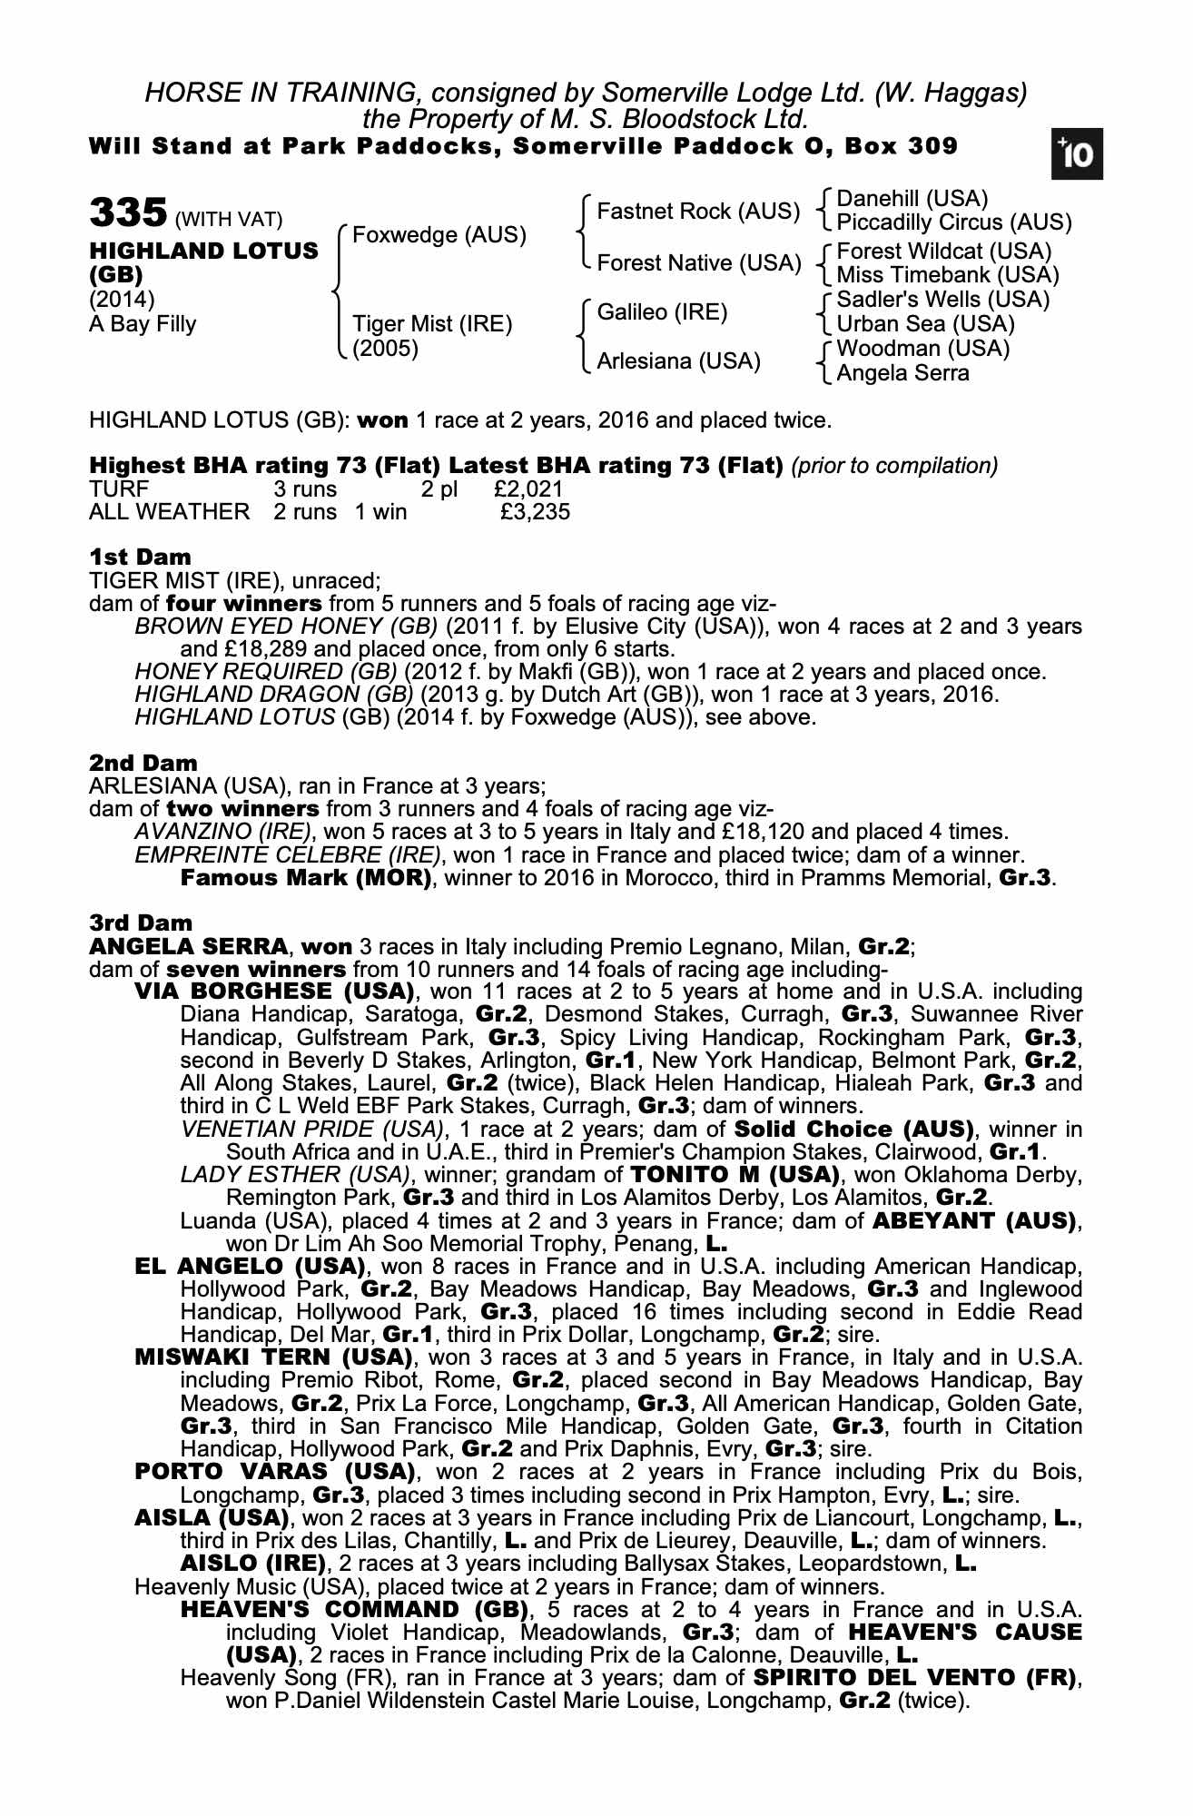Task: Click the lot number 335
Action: coord(127,214)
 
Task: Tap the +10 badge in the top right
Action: coord(1076,154)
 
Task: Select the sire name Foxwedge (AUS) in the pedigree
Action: coord(439,235)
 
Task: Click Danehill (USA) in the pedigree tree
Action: coord(912,199)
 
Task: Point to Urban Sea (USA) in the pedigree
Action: coord(925,324)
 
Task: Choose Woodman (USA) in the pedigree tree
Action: coord(922,349)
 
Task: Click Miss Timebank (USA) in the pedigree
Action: coord(947,275)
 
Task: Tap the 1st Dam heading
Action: coord(140,557)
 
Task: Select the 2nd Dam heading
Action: coord(143,763)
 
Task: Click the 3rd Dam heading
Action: coord(141,923)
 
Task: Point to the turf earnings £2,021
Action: coord(528,489)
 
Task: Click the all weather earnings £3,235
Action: coord(536,512)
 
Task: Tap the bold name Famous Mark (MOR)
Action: coord(306,878)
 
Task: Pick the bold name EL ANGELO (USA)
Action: coord(250,1266)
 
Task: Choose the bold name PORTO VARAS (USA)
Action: coord(274,1471)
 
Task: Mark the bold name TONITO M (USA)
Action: coord(735,1175)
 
